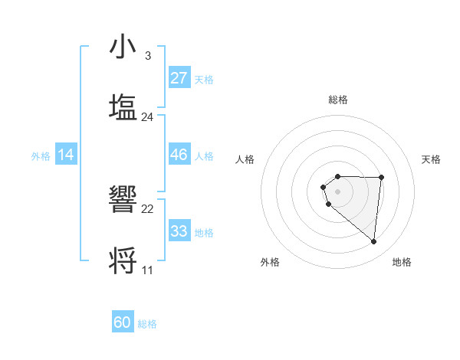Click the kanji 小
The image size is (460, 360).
[123, 47]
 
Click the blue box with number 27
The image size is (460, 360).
[179, 78]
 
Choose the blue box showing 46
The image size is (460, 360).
[179, 155]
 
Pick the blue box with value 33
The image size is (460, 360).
[179, 231]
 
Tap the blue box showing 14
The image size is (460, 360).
[66, 155]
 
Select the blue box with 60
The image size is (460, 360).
[123, 322]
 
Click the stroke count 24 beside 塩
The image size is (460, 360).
[148, 117]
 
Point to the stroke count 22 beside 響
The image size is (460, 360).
[148, 208]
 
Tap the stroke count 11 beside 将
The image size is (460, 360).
[148, 270]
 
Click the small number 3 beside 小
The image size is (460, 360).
[148, 56]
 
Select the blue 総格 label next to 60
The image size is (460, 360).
[147, 324]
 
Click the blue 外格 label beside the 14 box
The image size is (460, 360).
[41, 155]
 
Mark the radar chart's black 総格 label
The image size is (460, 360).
[338, 100]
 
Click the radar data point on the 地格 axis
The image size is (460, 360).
[373, 242]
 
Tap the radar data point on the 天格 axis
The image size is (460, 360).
[382, 178]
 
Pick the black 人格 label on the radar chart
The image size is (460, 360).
[245, 159]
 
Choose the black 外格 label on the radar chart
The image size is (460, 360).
[270, 262]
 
